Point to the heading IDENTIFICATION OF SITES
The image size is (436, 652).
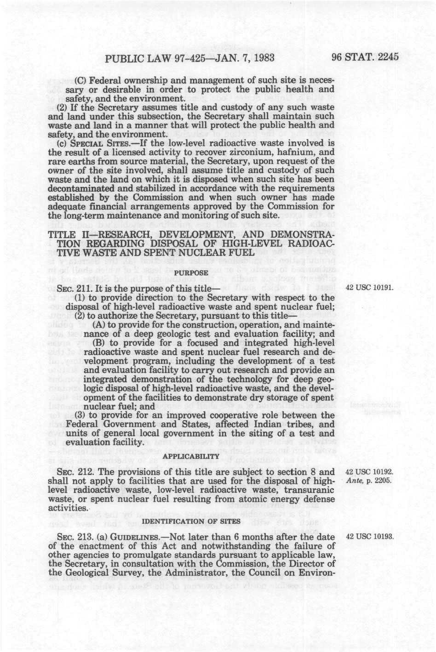pyautogui.click(x=191, y=522)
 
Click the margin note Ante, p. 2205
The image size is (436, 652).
pyautogui.click(x=366, y=481)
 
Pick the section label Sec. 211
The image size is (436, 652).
pyautogui.click(x=72, y=289)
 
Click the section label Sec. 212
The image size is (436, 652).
pyautogui.click(x=72, y=472)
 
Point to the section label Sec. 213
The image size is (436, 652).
pyautogui.click(x=72, y=537)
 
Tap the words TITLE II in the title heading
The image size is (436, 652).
pyautogui.click(x=70, y=234)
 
